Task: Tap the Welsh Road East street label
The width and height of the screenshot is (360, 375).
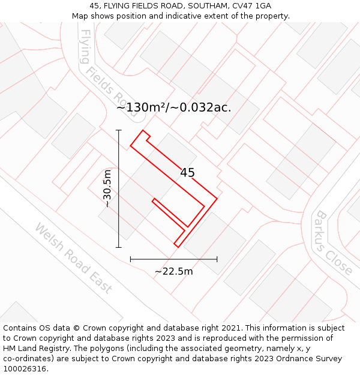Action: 73,258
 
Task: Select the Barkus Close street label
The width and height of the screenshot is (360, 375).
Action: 334,242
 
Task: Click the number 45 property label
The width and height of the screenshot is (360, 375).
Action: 187,173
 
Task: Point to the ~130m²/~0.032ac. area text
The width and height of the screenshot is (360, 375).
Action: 173,108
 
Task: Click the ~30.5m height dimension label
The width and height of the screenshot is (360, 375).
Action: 107,188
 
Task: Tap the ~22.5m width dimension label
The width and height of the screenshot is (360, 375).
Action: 174,271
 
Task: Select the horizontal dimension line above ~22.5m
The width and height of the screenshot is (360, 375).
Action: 174,259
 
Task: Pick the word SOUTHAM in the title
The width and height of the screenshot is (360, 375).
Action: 206,6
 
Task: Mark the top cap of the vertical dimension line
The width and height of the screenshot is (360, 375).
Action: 119,130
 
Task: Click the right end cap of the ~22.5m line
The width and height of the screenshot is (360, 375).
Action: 217,259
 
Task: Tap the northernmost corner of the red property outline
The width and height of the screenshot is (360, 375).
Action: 143,130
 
